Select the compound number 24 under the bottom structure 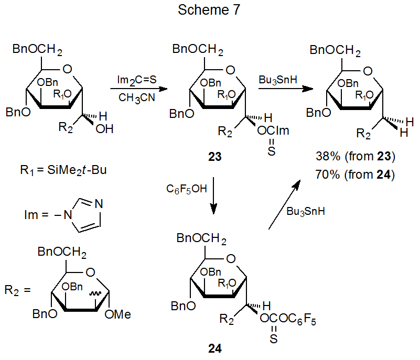pyautogui.click(x=214, y=349)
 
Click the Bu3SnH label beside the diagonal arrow pyautogui.click(x=307, y=211)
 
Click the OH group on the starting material pyautogui.click(x=105, y=128)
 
